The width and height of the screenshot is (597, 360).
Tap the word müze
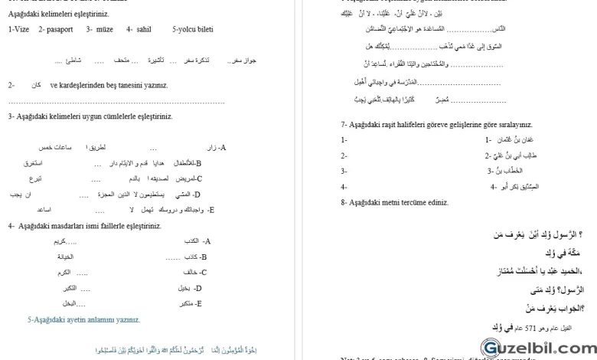coord(104,29)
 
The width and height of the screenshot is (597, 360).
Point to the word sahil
coord(143,29)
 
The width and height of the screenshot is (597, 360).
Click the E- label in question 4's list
coord(198,303)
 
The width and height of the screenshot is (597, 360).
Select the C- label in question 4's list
coord(203,272)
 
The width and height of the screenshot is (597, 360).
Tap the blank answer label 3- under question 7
coord(344,171)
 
